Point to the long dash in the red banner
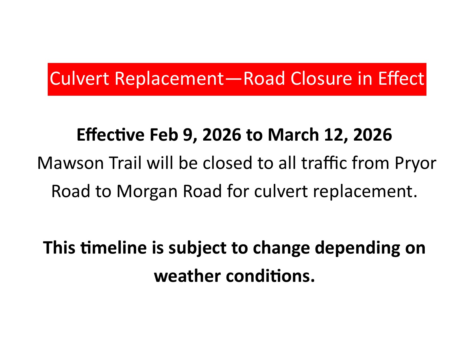[234, 79]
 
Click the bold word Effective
[110, 135]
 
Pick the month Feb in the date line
[164, 135]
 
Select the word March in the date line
[293, 135]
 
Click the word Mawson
[70, 163]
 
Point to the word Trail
[125, 163]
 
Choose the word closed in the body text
[227, 163]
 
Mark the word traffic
[324, 163]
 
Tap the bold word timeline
[114, 248]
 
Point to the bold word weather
[187, 276]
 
